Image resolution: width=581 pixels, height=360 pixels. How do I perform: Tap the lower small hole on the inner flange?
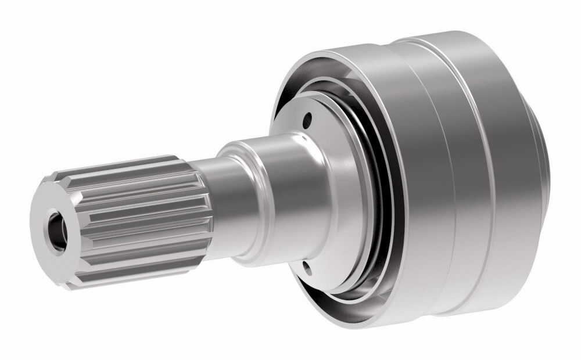(307, 268)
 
